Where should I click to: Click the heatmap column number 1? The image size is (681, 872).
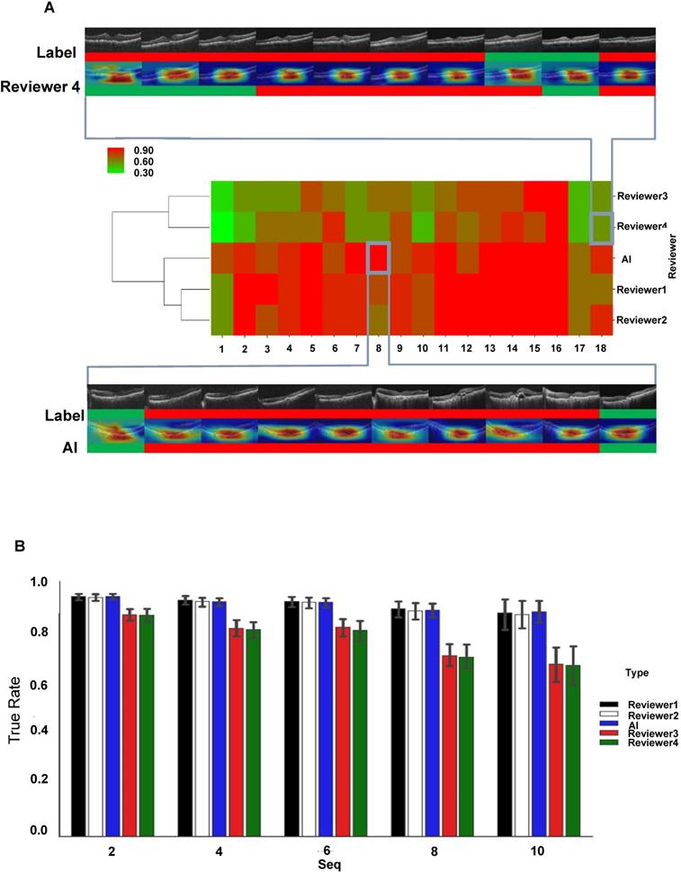[x=221, y=346]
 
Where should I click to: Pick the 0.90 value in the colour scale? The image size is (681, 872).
[x=143, y=149]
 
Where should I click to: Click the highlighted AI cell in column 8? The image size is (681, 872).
[x=378, y=257]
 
